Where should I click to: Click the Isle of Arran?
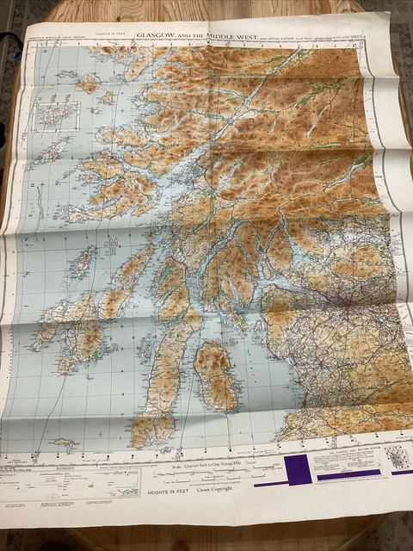[214, 375]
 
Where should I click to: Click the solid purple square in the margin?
[297, 471]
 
